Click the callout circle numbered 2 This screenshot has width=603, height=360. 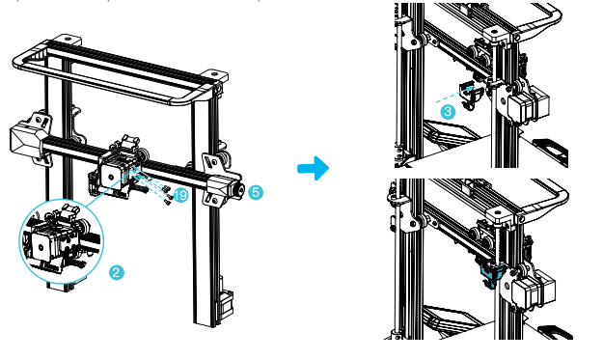click(x=117, y=273)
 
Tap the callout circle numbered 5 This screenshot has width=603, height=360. click(x=256, y=192)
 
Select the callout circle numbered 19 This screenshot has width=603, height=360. click(x=180, y=195)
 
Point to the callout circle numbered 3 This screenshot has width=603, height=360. click(x=448, y=112)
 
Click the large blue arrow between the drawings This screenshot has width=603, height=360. click(x=314, y=168)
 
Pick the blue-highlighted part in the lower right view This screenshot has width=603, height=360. click(x=491, y=272)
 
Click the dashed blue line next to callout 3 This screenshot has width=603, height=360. click(x=454, y=95)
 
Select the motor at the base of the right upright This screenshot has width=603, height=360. click(x=226, y=304)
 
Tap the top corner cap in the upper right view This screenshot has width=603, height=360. click(x=499, y=35)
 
